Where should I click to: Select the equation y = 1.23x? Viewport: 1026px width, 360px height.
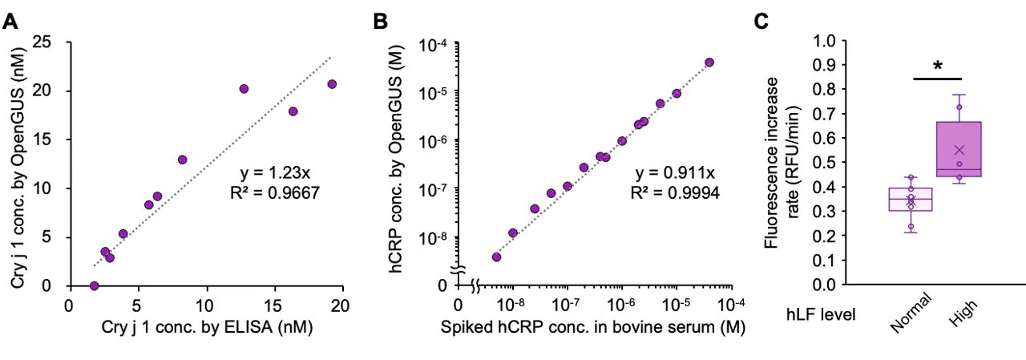276,172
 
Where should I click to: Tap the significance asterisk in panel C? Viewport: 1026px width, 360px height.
937,63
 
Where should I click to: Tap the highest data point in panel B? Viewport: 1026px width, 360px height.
709,63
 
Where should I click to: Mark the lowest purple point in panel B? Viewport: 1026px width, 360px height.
496,257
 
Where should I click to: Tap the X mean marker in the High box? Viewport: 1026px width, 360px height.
959,150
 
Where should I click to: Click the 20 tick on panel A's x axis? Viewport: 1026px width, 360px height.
342,305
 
